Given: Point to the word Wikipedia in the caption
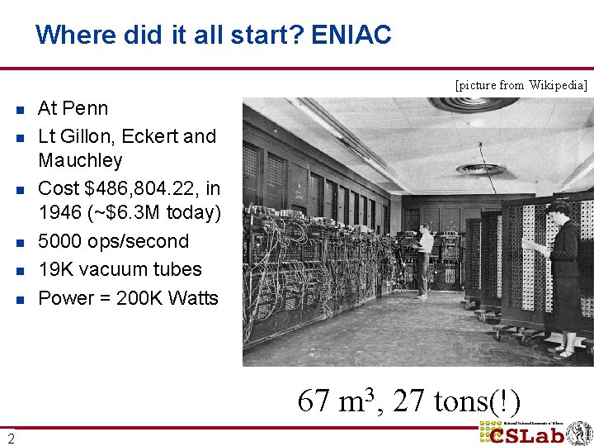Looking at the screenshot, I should pyautogui.click(x=558, y=85).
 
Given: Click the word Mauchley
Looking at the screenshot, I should pyautogui.click(x=80, y=160).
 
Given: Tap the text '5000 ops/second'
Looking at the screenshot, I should pyautogui.click(x=114, y=241).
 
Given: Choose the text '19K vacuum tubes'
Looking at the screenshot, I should pyautogui.click(x=120, y=269).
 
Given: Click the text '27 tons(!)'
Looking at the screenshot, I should pyautogui.click(x=456, y=401).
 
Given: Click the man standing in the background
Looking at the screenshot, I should pyautogui.click(x=423, y=260).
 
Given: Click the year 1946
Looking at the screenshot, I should pyautogui.click(x=59, y=213).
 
